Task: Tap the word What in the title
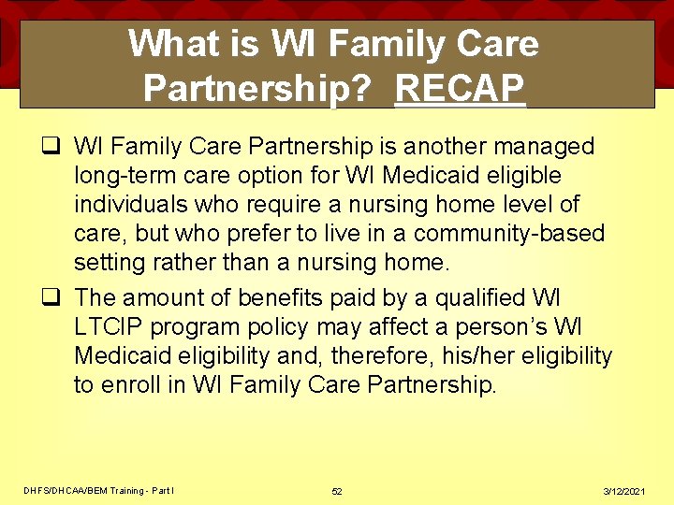click(172, 43)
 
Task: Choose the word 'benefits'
click(275, 298)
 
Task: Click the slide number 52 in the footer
click(337, 491)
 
